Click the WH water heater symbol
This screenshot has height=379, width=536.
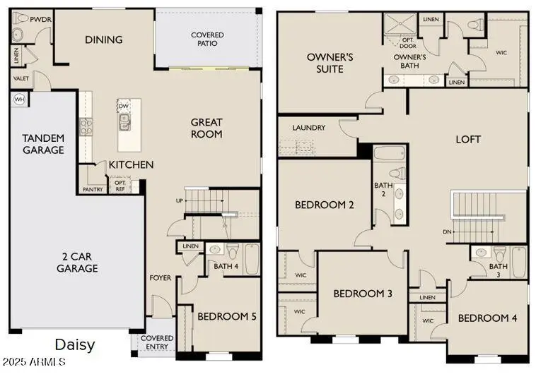click(x=18, y=100)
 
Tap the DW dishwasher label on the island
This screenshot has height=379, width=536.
click(x=124, y=107)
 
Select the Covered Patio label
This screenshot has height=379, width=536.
click(x=207, y=40)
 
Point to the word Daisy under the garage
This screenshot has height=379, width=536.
click(x=74, y=345)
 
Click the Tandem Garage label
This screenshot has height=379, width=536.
click(x=43, y=144)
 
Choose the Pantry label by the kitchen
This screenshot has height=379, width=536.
click(x=93, y=189)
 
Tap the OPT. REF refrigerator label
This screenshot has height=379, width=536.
click(x=120, y=185)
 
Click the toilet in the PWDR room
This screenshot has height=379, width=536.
click(x=19, y=33)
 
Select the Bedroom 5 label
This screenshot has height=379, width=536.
click(x=226, y=317)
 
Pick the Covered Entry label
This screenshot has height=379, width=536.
click(x=157, y=343)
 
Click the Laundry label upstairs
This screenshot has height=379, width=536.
click(x=309, y=128)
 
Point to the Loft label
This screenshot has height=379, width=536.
click(x=467, y=139)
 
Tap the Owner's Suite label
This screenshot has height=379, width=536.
click(x=330, y=63)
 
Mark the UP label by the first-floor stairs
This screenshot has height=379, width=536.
click(x=180, y=201)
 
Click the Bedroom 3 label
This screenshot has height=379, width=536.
click(x=363, y=294)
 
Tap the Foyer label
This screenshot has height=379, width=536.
click(x=160, y=278)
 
